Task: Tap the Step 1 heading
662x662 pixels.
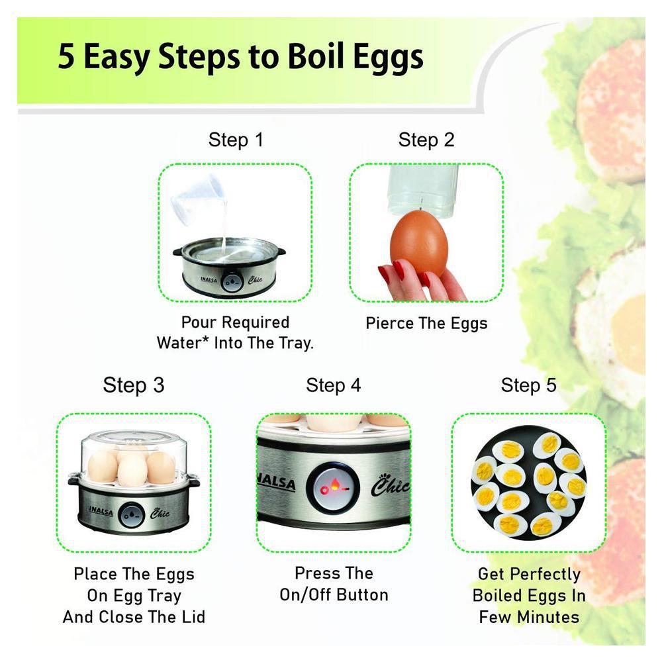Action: pyautogui.click(x=236, y=140)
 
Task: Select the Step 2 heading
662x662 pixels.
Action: pyautogui.click(x=426, y=140)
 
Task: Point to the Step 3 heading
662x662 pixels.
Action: pyautogui.click(x=134, y=385)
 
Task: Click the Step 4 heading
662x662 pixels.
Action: pyautogui.click(x=333, y=385)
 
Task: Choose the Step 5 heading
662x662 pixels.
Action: pyautogui.click(x=528, y=385)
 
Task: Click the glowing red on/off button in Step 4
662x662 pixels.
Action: pyautogui.click(x=333, y=487)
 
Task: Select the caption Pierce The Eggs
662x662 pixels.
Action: pyautogui.click(x=426, y=324)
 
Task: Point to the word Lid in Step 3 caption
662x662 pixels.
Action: pyautogui.click(x=193, y=617)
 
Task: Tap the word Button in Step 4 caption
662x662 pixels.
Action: pyautogui.click(x=362, y=595)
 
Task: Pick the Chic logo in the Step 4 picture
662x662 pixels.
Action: pyautogui.click(x=391, y=485)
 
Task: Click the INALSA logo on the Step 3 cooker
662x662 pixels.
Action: pyautogui.click(x=101, y=511)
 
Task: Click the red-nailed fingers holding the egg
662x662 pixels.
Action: pyautogui.click(x=418, y=281)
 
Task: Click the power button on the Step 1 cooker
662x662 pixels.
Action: pyautogui.click(x=231, y=282)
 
